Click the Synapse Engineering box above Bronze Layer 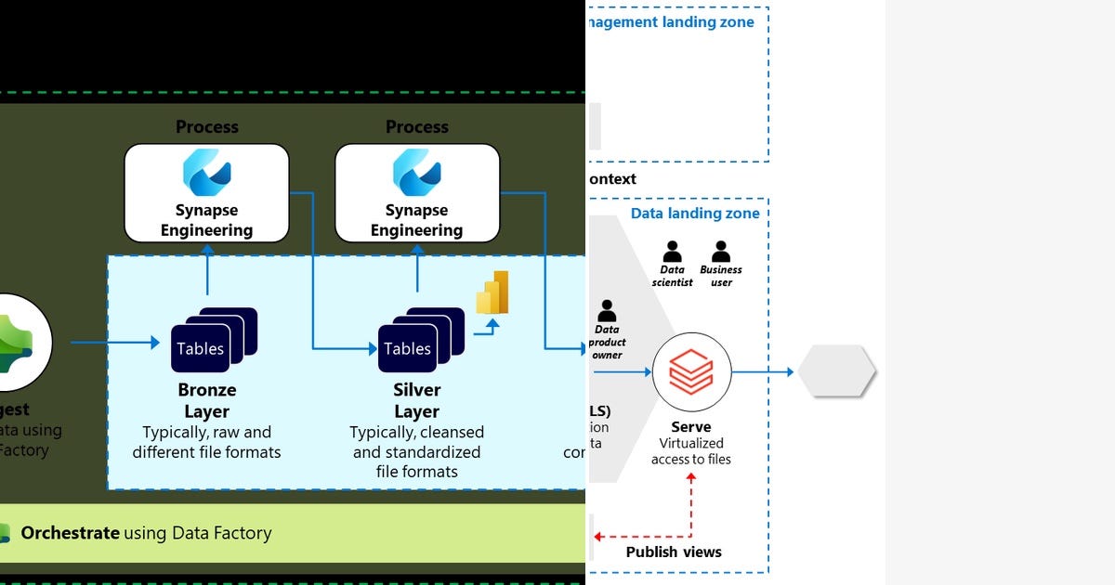tap(206, 192)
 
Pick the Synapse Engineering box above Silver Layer tap(416, 192)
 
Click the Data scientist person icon tap(672, 253)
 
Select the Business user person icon tap(721, 253)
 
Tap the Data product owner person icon tap(607, 311)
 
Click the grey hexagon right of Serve tap(836, 371)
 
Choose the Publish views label tap(674, 552)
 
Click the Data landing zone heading tap(695, 214)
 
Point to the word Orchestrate tap(70, 533)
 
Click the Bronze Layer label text tap(206, 400)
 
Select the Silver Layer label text tap(416, 400)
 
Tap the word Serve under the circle tap(691, 427)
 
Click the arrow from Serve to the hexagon tap(762, 372)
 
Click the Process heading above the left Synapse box tap(206, 127)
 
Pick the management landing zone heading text tap(671, 22)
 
